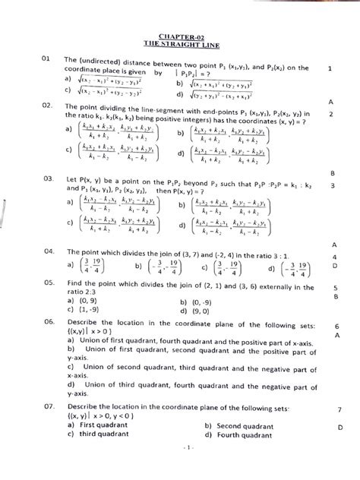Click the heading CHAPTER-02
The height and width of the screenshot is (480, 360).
(x=179, y=36)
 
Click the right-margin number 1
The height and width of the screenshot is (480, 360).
(x=330, y=68)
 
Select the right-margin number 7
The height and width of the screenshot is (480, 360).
(x=339, y=410)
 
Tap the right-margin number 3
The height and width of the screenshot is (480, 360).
(x=333, y=185)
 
